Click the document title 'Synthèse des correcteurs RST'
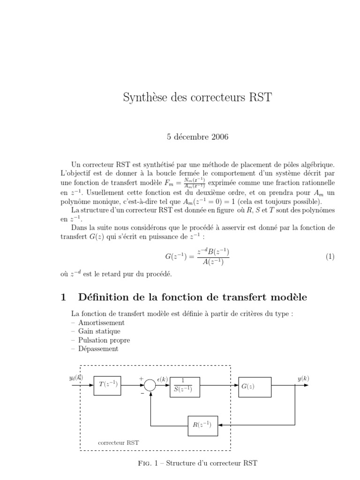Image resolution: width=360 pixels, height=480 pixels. pos(197,97)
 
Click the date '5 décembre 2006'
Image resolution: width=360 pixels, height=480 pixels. pos(197,137)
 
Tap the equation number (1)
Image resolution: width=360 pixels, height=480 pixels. pos(330,257)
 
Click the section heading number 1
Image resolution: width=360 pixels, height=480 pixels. pos(64,297)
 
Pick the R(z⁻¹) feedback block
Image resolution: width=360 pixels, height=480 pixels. pos(203,425)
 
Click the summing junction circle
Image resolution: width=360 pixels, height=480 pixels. pos(150,385)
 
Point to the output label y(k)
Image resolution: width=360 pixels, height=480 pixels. pos(303,378)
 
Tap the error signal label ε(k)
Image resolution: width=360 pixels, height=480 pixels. pos(162,378)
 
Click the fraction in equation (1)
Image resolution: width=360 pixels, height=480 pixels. pos(213,257)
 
